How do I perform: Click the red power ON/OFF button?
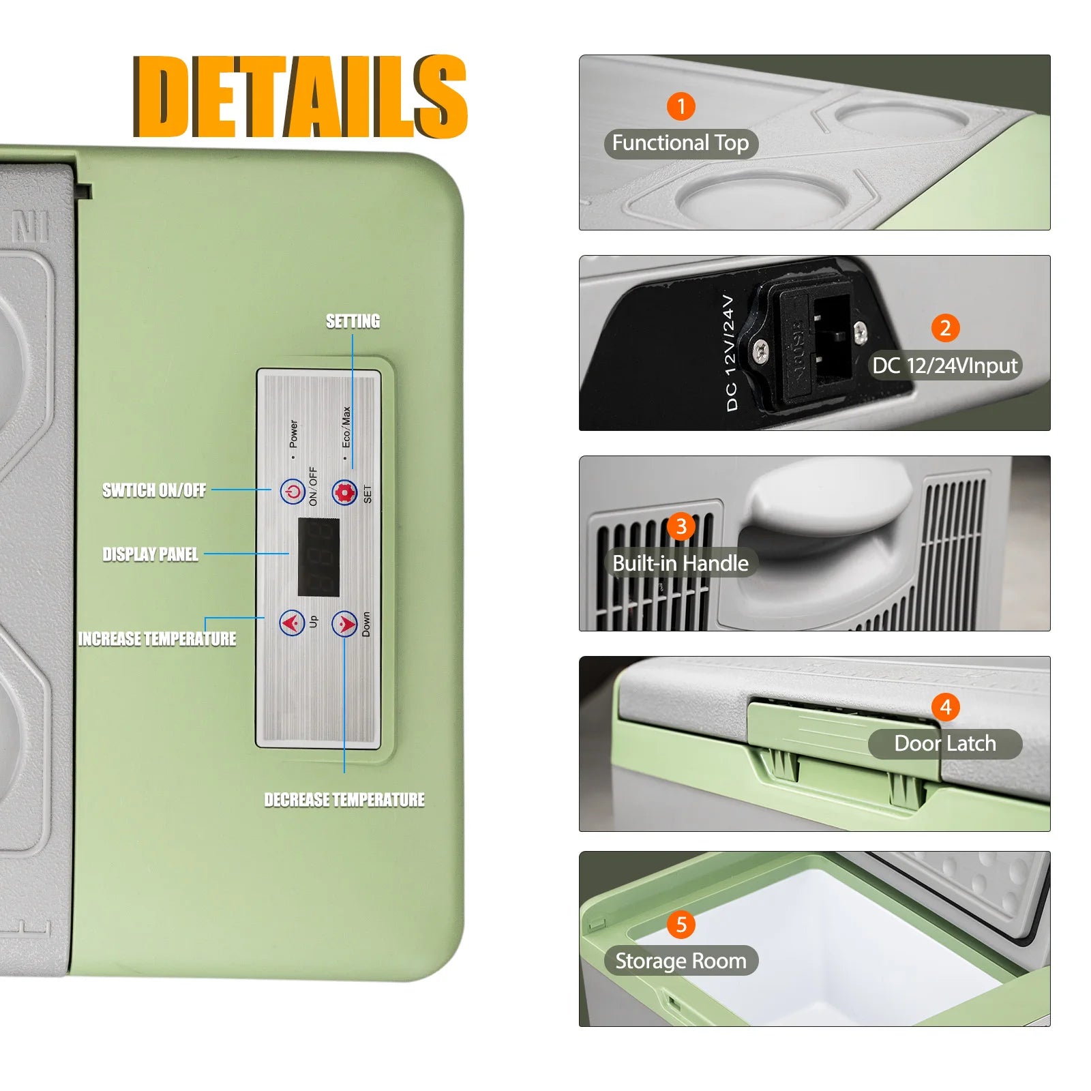tap(293, 492)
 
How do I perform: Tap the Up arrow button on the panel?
tap(292, 623)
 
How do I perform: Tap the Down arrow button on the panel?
tap(344, 623)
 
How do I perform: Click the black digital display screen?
tap(318, 557)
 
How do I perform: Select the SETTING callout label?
tap(353, 321)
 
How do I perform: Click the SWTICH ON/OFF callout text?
tap(154, 490)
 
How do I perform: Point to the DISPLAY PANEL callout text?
tap(151, 554)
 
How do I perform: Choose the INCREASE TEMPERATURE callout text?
tap(158, 639)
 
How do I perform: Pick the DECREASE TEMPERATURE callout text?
tap(344, 800)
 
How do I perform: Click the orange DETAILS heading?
tap(300, 96)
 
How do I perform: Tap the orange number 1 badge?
tap(681, 106)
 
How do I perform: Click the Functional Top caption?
tap(681, 143)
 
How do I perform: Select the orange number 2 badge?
tap(945, 328)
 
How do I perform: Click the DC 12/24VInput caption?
tap(945, 365)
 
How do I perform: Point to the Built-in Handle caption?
tap(681, 563)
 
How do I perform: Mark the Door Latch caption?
tap(945, 743)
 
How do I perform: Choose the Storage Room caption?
tap(681, 961)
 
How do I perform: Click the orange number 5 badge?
tap(681, 925)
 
